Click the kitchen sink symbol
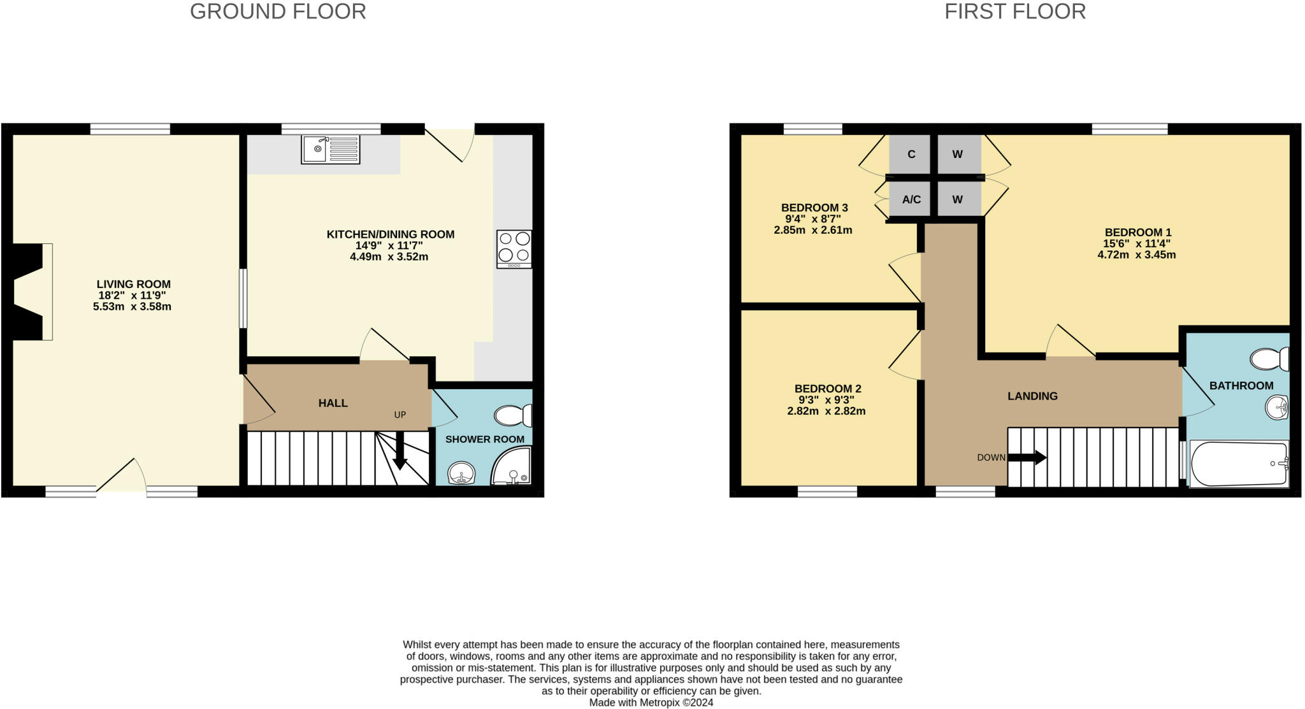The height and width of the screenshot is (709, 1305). pos(330,149)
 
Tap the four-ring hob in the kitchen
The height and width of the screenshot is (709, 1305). pos(514,248)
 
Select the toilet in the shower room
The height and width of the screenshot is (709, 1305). pos(512,416)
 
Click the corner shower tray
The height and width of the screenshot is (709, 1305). pos(513,468)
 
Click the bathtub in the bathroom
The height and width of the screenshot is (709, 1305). pos(1238,464)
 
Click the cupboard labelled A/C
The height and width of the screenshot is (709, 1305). pos(911,199)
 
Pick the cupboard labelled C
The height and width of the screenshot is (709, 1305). pos(911,154)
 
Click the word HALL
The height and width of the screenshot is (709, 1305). pos(333,403)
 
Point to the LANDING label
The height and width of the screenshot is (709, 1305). pos(1032,396)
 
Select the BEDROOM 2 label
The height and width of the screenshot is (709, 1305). pos(827,389)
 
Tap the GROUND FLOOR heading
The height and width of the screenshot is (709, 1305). pos(278,11)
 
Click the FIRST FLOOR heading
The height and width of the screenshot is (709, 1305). pos(1014,11)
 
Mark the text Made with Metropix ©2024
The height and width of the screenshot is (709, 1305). pos(651,703)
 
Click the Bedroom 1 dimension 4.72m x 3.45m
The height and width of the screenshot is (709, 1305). pos(1136,255)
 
